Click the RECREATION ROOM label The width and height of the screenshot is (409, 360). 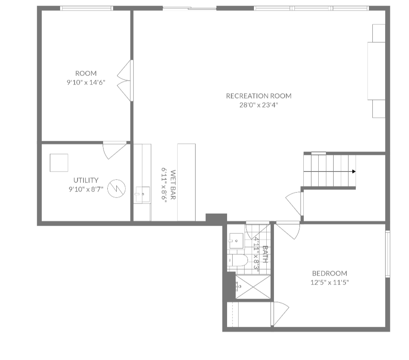259,96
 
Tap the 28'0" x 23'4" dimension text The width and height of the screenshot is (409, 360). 259,105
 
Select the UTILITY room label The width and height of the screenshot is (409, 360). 86,180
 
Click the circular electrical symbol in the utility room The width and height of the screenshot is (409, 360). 116,189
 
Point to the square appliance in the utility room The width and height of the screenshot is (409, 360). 59,163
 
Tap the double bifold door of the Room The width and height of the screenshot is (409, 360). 126,81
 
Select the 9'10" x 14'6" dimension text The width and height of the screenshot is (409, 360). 86,82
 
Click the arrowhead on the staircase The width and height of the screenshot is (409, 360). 354,171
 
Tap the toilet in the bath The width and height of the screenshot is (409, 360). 238,260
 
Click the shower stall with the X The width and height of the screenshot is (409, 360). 253,287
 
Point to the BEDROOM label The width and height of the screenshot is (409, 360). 329,273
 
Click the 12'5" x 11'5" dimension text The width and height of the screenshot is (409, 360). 329,282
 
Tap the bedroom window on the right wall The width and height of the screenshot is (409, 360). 387,254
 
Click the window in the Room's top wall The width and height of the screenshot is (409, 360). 86,8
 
